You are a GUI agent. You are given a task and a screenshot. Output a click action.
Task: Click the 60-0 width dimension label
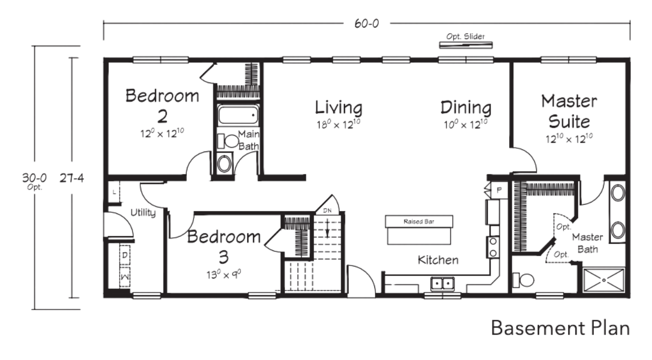click(x=366, y=23)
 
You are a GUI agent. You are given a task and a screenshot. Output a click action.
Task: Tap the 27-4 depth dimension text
click(x=72, y=178)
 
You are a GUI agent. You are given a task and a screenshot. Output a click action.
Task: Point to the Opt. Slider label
click(x=466, y=36)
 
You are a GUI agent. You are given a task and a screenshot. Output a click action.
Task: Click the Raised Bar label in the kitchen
click(x=418, y=222)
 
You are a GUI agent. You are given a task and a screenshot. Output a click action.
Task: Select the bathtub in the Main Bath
click(x=238, y=115)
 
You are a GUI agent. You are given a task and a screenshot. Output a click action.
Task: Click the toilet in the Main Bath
click(x=228, y=141)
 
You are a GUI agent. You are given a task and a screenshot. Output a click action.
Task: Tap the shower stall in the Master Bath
click(x=604, y=280)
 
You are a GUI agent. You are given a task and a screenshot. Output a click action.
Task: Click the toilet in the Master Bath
click(x=523, y=280)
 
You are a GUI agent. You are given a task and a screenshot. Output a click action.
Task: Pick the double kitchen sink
click(x=442, y=283)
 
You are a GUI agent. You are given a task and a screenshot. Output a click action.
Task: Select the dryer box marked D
click(x=125, y=255)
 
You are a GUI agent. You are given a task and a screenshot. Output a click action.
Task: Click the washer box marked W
click(x=125, y=276)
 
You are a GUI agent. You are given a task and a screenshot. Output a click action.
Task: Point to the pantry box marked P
click(x=499, y=191)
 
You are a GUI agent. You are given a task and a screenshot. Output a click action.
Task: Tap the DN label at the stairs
click(x=327, y=210)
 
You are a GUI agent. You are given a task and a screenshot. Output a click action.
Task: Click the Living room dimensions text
click(x=338, y=124)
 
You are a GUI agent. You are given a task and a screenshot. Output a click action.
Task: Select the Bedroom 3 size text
click(x=223, y=274)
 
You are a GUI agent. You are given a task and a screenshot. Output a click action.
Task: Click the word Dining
click(x=466, y=108)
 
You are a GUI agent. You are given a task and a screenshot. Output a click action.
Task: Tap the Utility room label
click(x=143, y=212)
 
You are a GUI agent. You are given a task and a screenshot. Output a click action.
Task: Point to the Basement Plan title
click(x=560, y=328)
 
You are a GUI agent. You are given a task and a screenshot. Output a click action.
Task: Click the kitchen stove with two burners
click(x=493, y=247)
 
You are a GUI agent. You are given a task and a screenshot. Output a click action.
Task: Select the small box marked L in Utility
click(x=114, y=192)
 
